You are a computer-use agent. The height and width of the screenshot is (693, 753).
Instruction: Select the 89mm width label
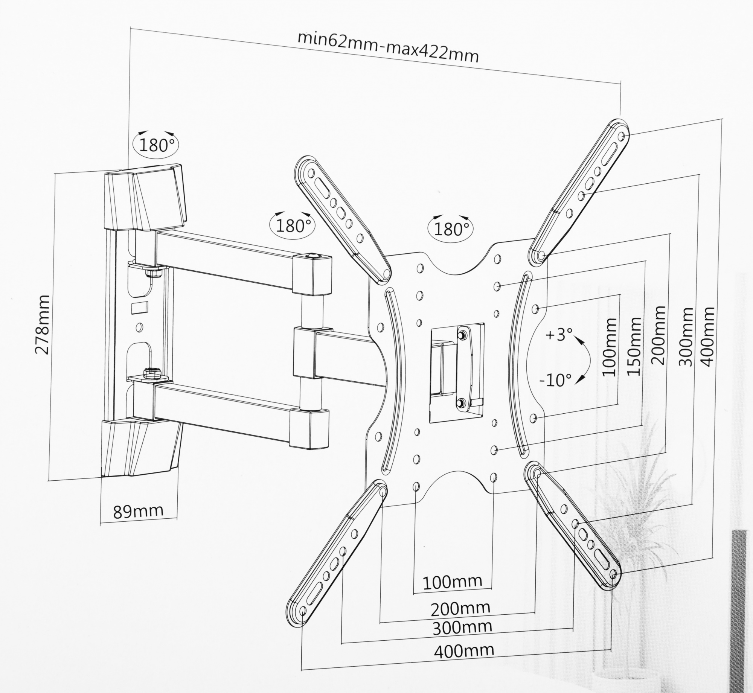click(x=138, y=511)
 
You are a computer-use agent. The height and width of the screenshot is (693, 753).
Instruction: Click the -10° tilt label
click(x=555, y=380)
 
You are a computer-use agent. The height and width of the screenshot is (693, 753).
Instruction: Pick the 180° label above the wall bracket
click(x=155, y=145)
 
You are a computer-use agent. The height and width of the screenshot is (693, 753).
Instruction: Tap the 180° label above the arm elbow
click(x=293, y=226)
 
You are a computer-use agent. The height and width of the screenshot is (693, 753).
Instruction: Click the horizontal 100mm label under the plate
click(x=453, y=582)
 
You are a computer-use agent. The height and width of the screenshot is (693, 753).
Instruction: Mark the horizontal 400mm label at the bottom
click(x=464, y=650)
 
